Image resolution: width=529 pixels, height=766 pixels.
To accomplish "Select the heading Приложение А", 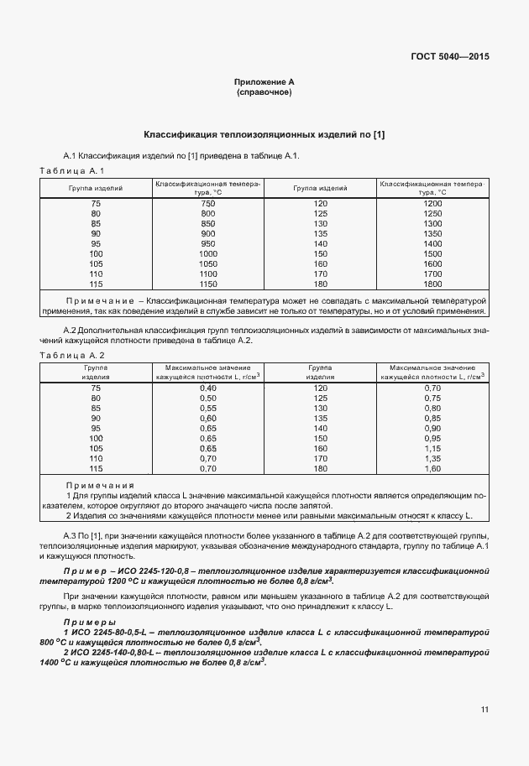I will coord(264,82).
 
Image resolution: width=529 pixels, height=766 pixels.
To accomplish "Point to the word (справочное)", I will coord(264,92).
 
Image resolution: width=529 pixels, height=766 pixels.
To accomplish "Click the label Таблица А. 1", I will coord(72,171).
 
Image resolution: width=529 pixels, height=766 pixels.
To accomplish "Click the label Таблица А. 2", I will coord(72,356).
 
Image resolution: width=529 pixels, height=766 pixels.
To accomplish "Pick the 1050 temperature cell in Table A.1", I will coord(208,263).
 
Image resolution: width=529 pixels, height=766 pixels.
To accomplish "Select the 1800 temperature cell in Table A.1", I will coord(432,284).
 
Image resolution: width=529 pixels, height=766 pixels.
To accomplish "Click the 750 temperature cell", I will coord(208,204).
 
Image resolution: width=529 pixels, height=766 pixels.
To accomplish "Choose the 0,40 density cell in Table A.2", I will coord(208,388).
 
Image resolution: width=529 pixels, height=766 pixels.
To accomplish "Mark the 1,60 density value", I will coord(432,469).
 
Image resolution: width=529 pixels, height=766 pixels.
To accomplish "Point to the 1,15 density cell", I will coord(432,449).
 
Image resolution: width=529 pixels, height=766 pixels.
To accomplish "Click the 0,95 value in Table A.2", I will coord(432,439).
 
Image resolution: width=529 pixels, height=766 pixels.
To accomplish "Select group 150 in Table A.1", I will coord(320,253).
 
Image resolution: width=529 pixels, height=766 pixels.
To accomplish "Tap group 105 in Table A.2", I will coord(96,449).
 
